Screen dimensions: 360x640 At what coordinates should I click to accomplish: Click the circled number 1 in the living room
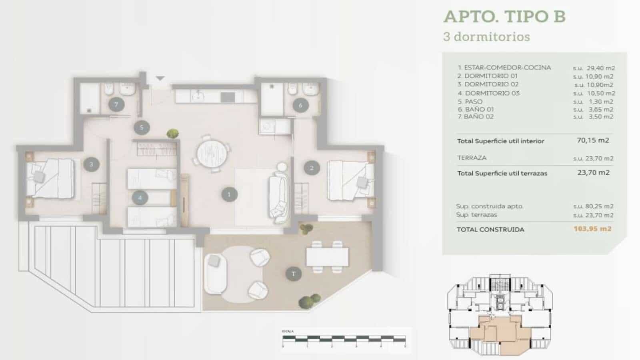pyautogui.click(x=229, y=194)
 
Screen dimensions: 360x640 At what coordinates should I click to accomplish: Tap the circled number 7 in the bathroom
pyautogui.click(x=116, y=105)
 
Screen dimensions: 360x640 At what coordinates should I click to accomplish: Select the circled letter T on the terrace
pyautogui.click(x=294, y=274)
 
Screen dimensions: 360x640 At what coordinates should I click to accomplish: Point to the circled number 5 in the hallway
pyautogui.click(x=141, y=128)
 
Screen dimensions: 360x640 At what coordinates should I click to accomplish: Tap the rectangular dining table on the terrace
pyautogui.click(x=327, y=256)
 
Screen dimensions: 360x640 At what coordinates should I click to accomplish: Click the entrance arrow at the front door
pyautogui.click(x=160, y=78)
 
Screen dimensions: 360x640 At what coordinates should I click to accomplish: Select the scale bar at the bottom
pyautogui.click(x=344, y=340)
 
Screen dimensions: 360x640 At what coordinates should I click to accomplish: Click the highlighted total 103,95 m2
pyautogui.click(x=592, y=229)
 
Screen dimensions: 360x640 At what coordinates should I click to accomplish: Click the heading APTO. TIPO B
pyautogui.click(x=504, y=17)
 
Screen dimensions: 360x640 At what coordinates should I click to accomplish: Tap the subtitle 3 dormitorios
pyautogui.click(x=486, y=37)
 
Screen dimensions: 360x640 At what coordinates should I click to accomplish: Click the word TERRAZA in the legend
pyautogui.click(x=472, y=158)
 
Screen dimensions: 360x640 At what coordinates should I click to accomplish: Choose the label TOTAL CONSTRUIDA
pyautogui.click(x=490, y=229)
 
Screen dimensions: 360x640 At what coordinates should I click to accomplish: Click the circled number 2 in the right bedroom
pyautogui.click(x=312, y=168)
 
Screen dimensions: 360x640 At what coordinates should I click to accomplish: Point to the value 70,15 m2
pyautogui.click(x=593, y=140)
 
